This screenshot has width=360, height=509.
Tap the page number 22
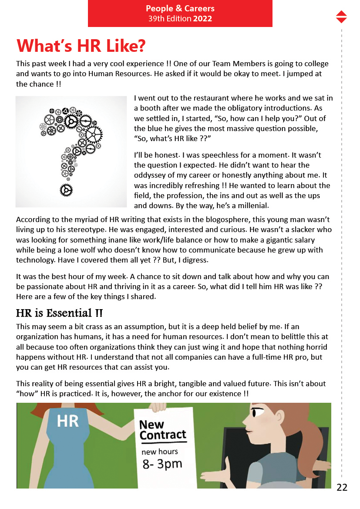coord(342,488)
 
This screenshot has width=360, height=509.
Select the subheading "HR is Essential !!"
coord(59,313)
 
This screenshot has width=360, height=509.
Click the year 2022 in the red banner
coord(203,19)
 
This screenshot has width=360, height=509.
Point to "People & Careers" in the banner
coord(180,9)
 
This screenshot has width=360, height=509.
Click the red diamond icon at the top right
coord(342,17)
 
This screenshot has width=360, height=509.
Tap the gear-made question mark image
coord(71,152)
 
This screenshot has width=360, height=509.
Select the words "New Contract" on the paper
coord(162,430)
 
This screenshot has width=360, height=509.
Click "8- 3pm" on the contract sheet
coord(162,464)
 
